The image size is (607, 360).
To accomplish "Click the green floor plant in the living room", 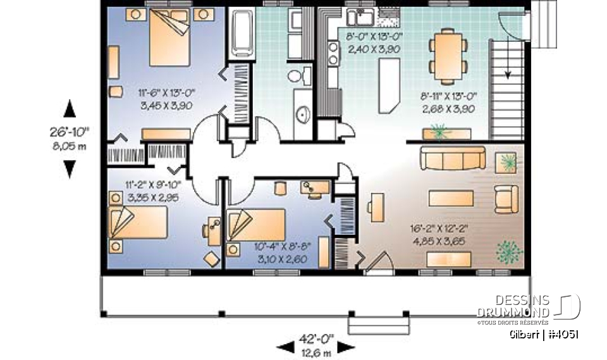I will point(509,252).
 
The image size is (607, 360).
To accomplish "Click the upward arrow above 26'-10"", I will point(70,109).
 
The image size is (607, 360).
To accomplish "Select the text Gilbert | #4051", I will point(544,335).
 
